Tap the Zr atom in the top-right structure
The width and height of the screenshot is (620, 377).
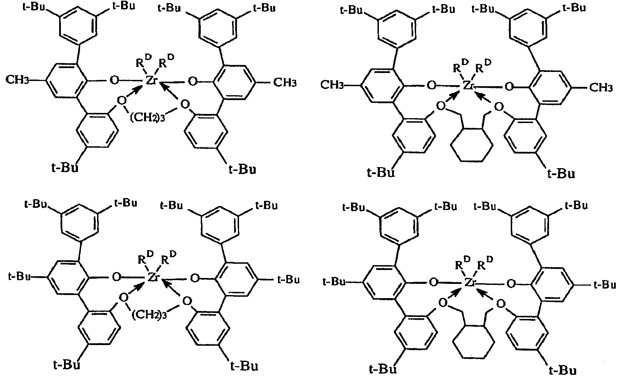(x=469, y=85)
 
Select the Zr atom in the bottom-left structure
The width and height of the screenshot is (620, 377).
(x=153, y=277)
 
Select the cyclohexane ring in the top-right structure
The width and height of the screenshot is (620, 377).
(x=471, y=145)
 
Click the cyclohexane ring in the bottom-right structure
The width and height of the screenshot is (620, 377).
(x=474, y=342)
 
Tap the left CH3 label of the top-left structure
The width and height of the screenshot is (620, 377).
(x=17, y=80)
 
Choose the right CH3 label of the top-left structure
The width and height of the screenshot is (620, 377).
(x=285, y=83)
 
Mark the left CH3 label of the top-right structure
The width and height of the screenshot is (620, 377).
(x=332, y=85)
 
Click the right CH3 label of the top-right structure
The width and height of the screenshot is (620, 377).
(x=601, y=88)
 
